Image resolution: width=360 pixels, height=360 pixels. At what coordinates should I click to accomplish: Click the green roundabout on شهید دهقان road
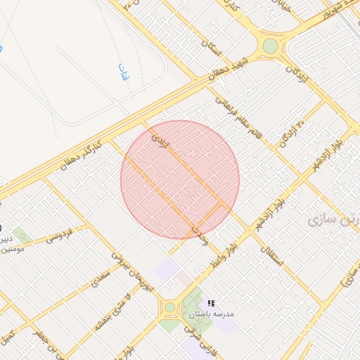coord(270,46)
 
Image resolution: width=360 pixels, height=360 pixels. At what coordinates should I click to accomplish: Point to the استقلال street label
coord(271,254)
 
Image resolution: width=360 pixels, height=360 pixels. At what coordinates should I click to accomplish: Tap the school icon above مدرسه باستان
coord(210,303)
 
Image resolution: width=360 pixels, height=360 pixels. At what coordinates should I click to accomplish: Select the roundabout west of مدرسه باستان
coord(169,307)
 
